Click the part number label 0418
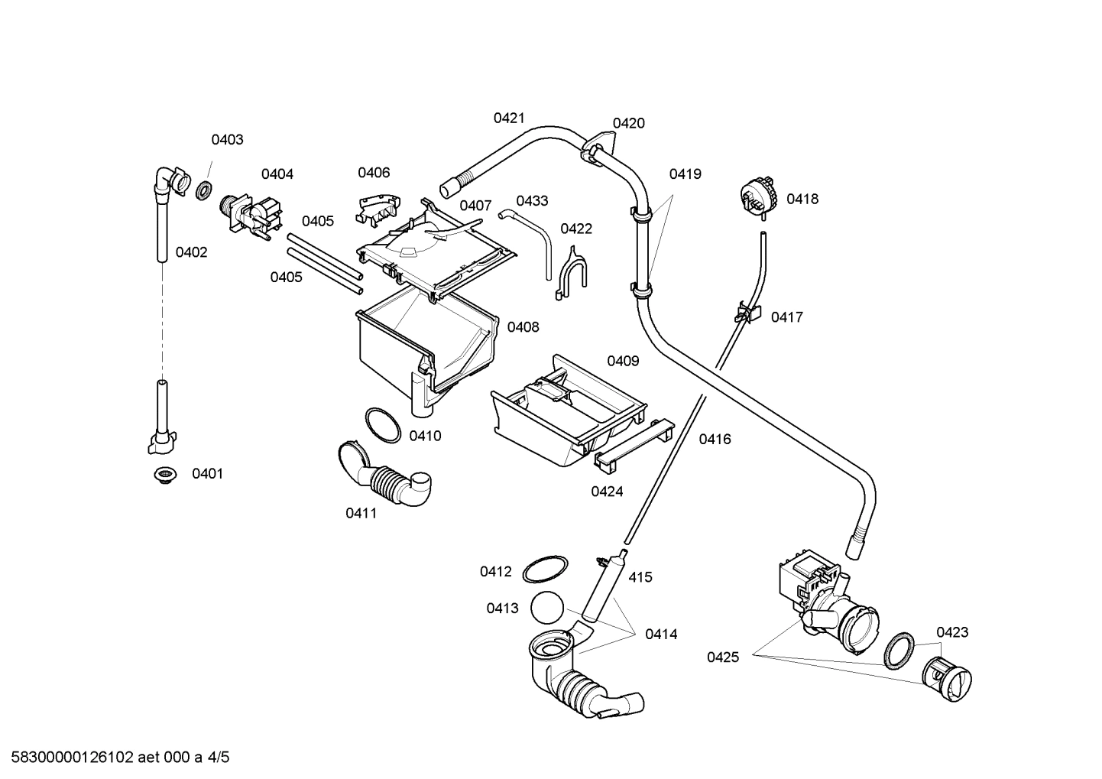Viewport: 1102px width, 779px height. click(802, 199)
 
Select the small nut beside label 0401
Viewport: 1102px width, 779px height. click(163, 475)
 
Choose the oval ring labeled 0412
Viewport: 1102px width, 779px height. click(545, 570)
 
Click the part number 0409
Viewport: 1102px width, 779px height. click(623, 361)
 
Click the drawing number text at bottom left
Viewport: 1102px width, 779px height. click(115, 758)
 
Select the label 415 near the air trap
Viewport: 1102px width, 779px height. click(640, 577)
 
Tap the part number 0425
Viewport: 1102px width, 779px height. click(722, 657)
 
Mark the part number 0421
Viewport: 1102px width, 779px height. click(509, 118)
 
